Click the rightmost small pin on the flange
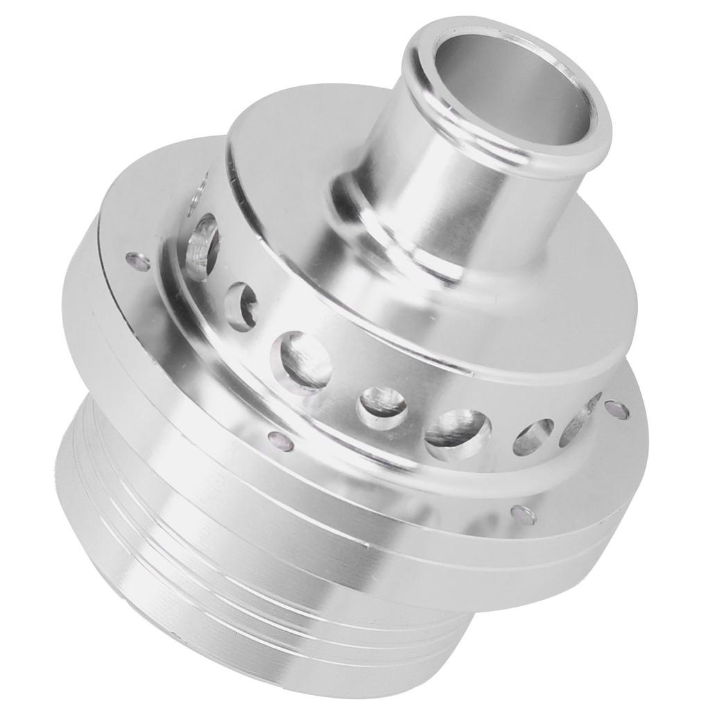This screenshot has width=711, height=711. coord(617,410)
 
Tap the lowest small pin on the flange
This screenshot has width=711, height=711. coord(524,515)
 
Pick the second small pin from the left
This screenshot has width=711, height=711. coord(279,440)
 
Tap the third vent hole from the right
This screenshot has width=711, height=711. coord(458,434)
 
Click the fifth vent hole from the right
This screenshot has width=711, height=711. coord(306,362)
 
